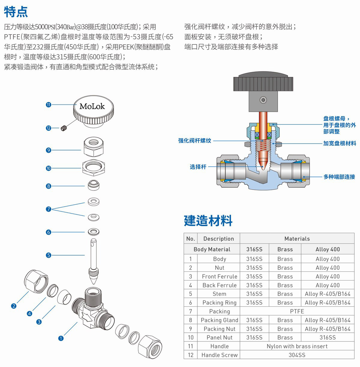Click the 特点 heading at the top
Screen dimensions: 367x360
point(16,11)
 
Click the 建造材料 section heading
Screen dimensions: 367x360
point(208,221)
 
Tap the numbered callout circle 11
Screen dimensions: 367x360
point(49,105)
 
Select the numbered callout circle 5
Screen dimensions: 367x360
point(49,255)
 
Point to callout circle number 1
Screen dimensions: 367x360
point(61,338)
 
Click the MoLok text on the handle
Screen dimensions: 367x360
point(92,106)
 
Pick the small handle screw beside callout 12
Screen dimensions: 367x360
point(63,129)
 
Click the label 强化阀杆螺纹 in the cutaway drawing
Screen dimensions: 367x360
point(195,141)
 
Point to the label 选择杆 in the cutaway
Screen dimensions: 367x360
point(198,167)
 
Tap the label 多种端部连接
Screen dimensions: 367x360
point(339,177)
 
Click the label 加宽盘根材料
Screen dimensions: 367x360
point(339,144)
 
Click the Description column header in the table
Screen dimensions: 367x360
point(218,239)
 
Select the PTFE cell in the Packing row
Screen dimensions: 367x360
point(297,311)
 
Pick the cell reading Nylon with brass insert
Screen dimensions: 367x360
point(297,346)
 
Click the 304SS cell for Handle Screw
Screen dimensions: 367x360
point(297,355)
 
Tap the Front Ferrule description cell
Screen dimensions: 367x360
point(219,276)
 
